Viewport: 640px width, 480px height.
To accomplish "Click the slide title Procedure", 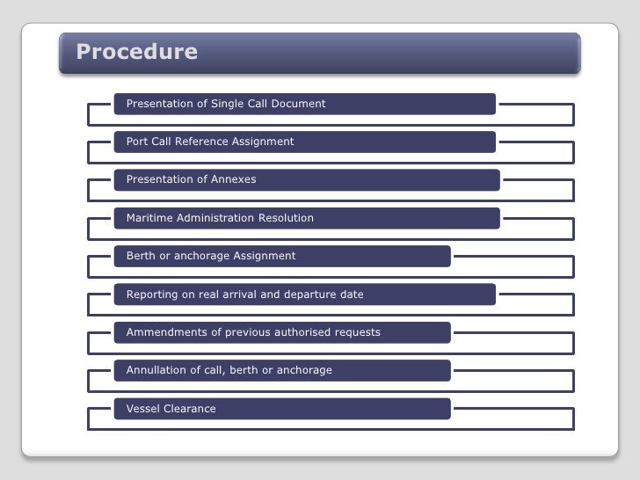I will (136, 52).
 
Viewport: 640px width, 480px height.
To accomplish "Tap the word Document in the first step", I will (299, 104).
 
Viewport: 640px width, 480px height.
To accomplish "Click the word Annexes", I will (233, 179).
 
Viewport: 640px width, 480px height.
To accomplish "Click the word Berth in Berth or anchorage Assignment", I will (142, 256).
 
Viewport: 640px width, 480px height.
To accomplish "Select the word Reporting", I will (152, 295).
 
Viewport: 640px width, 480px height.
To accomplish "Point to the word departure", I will (309, 295).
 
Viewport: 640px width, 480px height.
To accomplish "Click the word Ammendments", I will (164, 332).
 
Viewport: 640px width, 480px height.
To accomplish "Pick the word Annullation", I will (156, 370).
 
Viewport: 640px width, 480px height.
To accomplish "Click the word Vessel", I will (143, 409).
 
